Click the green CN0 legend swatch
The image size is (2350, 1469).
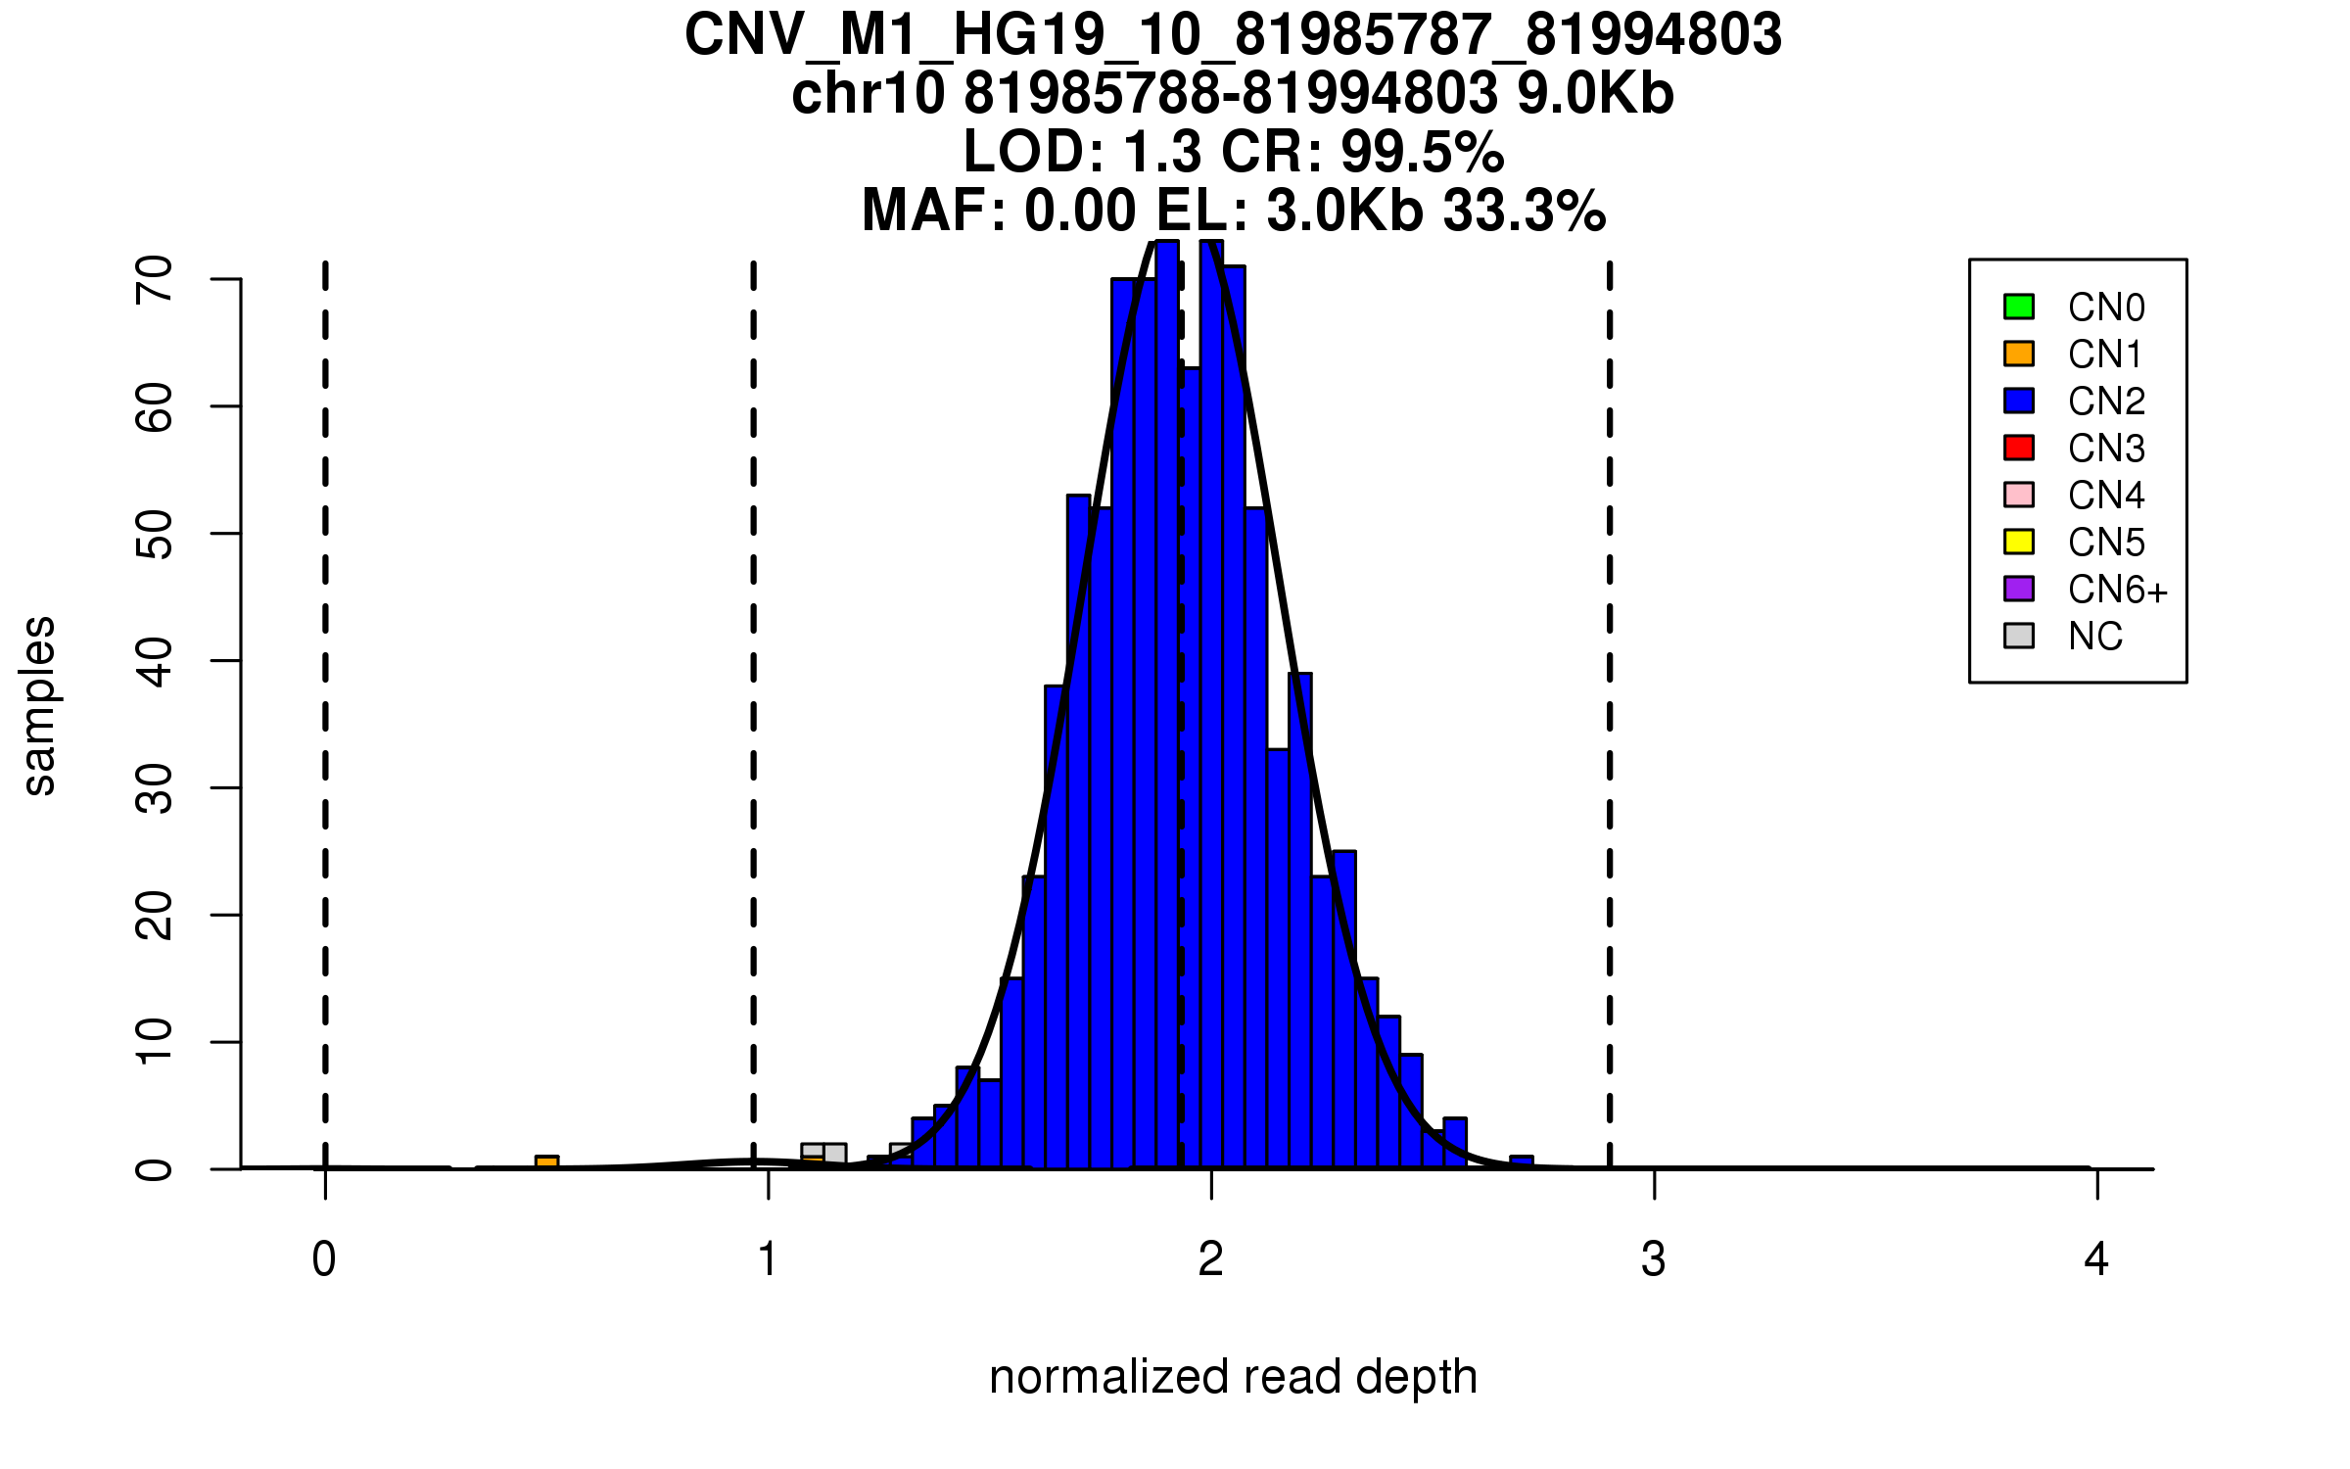coord(2019,307)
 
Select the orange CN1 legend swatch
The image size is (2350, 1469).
coord(2019,354)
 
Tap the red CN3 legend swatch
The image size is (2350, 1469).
coord(2019,448)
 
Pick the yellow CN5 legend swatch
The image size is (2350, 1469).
coord(2019,542)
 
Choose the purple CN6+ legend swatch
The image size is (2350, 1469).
coord(2019,589)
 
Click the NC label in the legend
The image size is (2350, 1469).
coord(2094,637)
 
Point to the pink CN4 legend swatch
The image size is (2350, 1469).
coord(2019,495)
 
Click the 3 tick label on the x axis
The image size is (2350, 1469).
coord(1654,1259)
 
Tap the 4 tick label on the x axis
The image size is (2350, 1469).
coord(2096,1259)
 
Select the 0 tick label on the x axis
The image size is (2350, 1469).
coord(324,1259)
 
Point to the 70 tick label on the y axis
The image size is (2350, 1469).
coord(155,280)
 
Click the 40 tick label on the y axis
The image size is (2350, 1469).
coord(155,661)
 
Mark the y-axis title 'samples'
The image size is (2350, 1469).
coord(39,705)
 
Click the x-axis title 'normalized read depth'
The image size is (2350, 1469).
coord(1233,1377)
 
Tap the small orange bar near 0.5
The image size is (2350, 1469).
coord(546,1162)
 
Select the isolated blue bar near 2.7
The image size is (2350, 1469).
coord(1521,1162)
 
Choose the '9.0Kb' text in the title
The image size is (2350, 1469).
coord(1595,94)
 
